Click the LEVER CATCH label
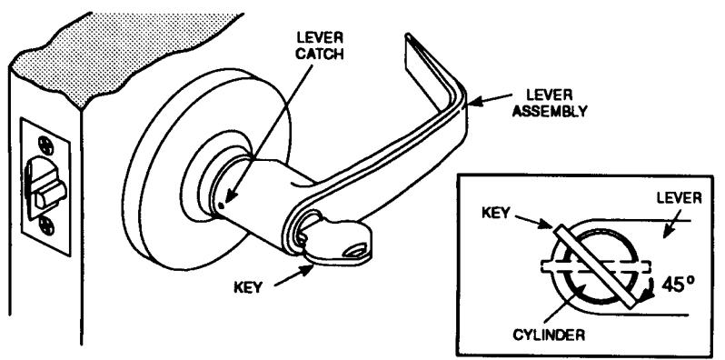coord(320,45)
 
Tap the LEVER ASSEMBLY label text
coord(551,103)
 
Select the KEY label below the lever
coord(248,287)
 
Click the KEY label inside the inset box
coord(496,212)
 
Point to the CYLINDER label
coord(549,335)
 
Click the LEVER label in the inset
coord(680,198)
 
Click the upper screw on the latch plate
coord(45,145)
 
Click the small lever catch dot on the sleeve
coord(221,204)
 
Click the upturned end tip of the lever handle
coord(407,35)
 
